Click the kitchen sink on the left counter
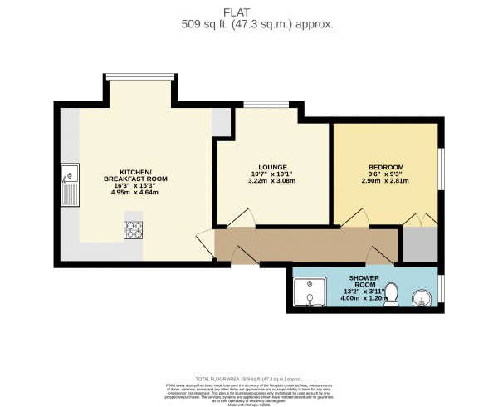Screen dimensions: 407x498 point(69,188)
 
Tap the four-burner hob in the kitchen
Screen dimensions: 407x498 point(133,230)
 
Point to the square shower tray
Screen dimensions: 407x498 point(311,292)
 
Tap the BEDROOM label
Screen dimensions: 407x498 point(385,167)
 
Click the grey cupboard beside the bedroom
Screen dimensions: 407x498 point(419,244)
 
